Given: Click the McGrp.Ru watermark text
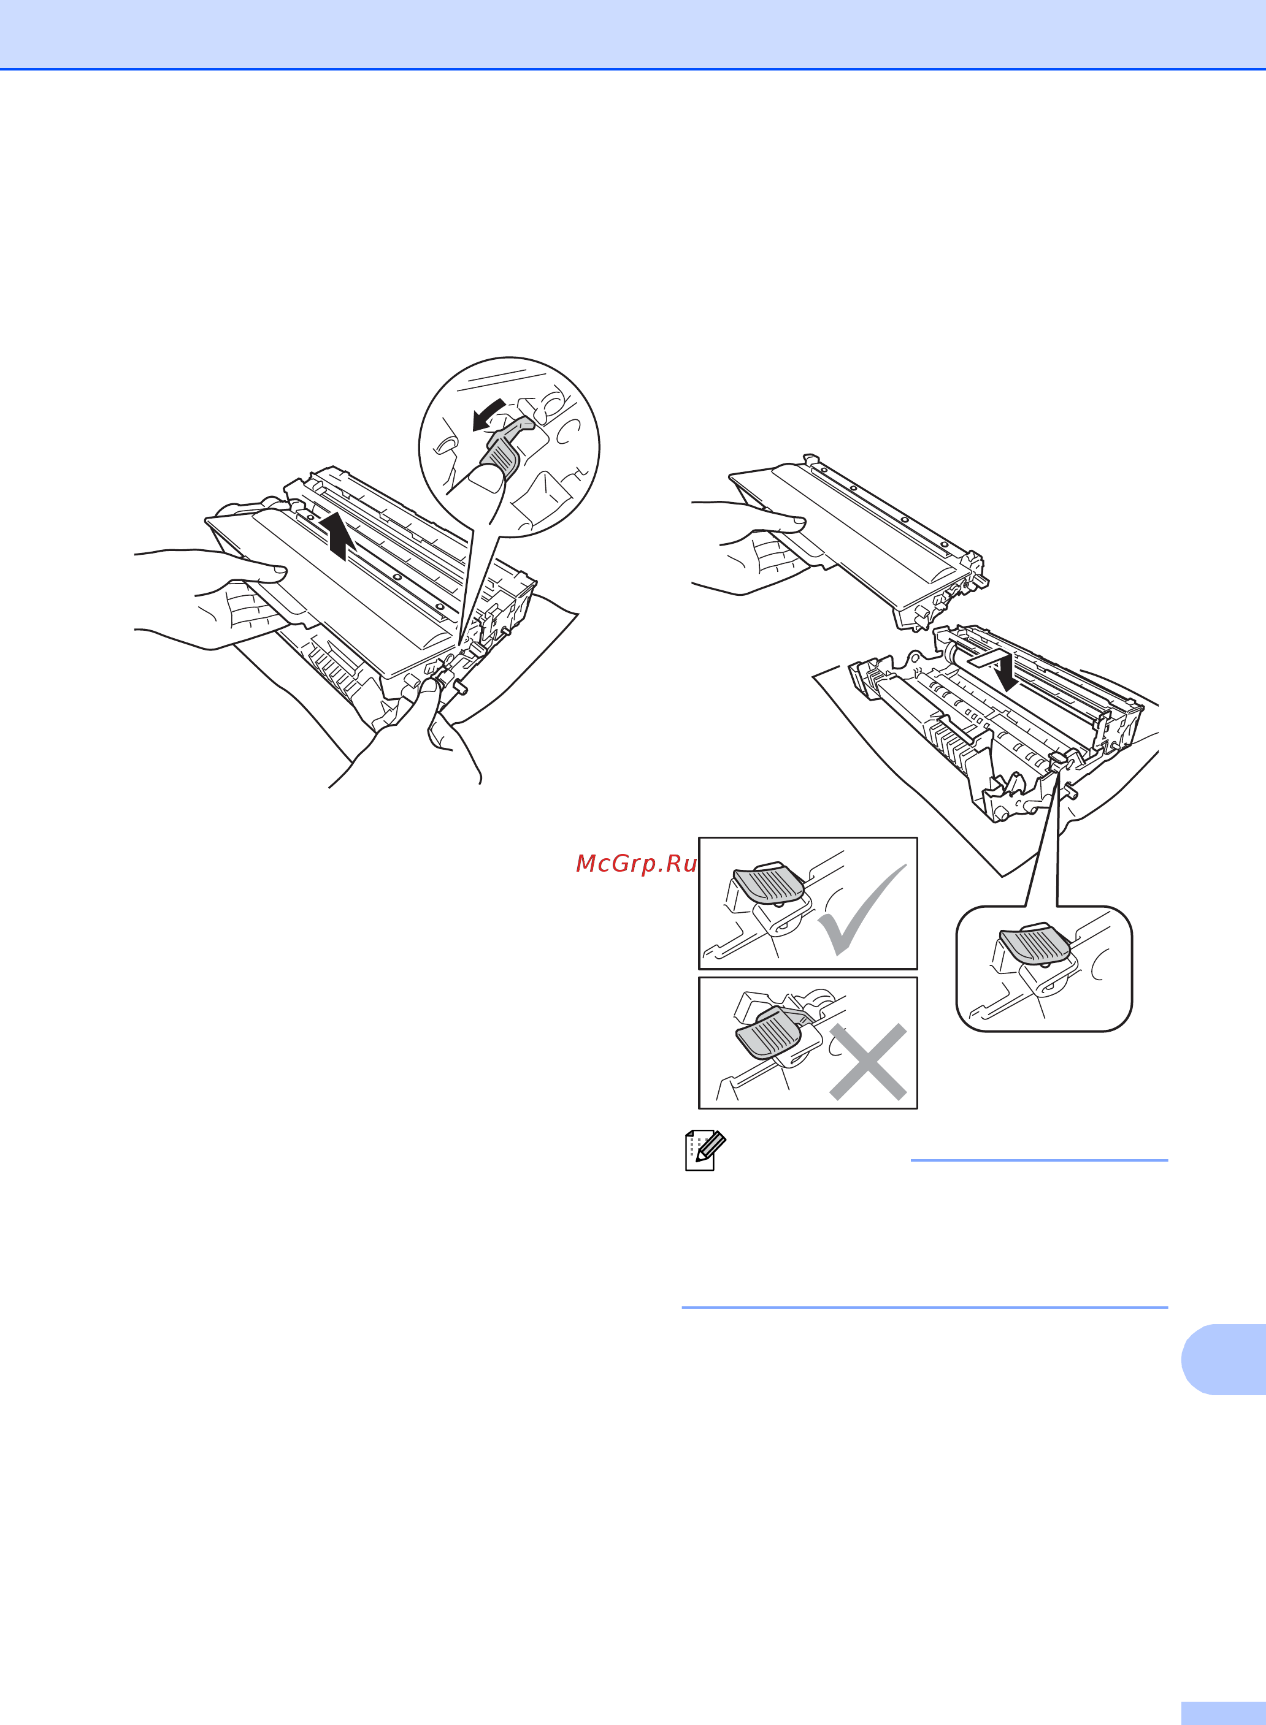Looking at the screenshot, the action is click(x=636, y=864).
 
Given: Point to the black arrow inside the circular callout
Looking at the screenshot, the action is click(x=488, y=414).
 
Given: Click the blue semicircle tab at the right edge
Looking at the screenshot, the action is click(x=1224, y=1359).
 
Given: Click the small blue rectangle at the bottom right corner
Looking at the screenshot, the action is click(x=1224, y=1713).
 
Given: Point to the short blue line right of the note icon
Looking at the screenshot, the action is click(x=1039, y=1160).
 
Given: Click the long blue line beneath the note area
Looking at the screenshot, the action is click(x=925, y=1308).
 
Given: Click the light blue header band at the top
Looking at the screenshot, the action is click(x=633, y=34).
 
